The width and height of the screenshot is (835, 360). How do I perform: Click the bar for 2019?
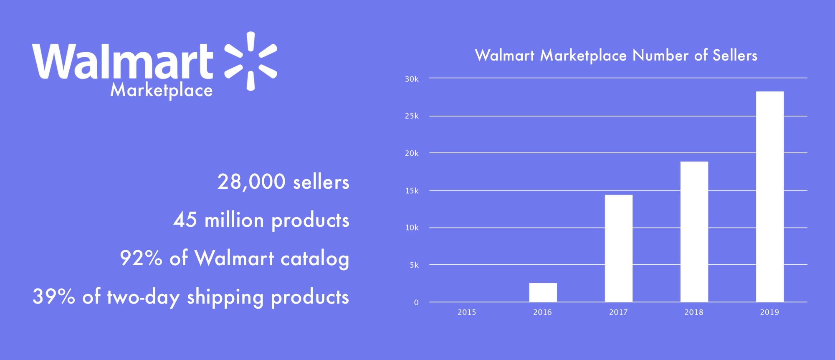coord(770,197)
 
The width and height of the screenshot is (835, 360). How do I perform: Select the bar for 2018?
coord(694,232)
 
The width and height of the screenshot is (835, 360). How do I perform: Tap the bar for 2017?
coord(619,248)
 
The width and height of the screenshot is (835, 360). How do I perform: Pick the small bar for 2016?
coord(543,292)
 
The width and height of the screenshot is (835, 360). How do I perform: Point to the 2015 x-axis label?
coord(467,312)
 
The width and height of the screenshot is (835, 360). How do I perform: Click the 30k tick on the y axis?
coord(412,79)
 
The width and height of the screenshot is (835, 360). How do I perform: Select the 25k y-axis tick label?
coord(412,116)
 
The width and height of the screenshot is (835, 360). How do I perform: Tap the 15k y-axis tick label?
coord(412,191)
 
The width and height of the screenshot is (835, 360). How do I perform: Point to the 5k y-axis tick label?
coord(414,265)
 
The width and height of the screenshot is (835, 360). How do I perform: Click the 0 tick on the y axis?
coord(416,303)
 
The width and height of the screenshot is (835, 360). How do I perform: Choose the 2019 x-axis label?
coord(769,312)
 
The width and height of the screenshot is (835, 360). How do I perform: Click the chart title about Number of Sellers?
coord(616,56)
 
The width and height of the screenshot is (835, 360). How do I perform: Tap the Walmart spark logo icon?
coord(250,61)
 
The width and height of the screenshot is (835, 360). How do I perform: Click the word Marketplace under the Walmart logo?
coord(162,90)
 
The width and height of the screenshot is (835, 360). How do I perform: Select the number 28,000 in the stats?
coord(251,182)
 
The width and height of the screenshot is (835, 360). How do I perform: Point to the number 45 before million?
coord(185,220)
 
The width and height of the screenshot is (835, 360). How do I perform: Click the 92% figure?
coord(141,258)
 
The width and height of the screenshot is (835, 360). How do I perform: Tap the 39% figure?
coord(54,297)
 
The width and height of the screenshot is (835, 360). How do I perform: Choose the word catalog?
coord(315,259)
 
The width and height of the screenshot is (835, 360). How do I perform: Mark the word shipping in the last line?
coord(225,298)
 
